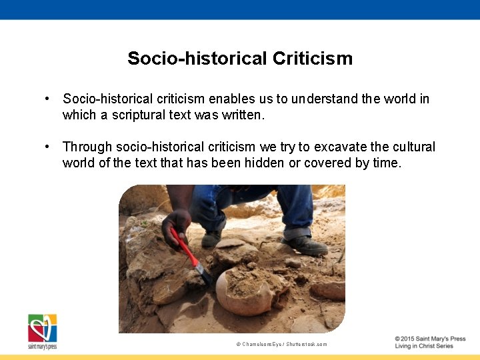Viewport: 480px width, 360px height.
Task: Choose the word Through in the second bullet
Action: [87, 147]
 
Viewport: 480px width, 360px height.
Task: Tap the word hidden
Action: [263, 163]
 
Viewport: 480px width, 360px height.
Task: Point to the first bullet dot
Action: [48, 99]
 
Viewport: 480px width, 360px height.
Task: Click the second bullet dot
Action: [48, 147]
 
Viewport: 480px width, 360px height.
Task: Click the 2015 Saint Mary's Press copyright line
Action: [430, 339]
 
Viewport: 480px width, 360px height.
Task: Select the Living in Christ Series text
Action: [424, 346]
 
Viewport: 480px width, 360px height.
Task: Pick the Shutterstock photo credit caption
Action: [281, 344]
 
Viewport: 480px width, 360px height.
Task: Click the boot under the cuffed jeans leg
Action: [304, 244]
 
